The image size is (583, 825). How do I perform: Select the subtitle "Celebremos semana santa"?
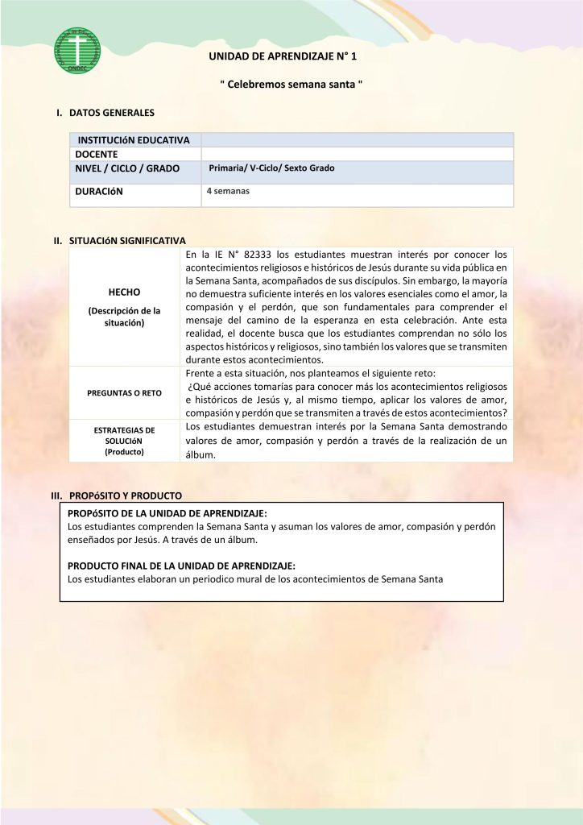point(291,85)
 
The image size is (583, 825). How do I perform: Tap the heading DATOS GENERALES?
point(112,113)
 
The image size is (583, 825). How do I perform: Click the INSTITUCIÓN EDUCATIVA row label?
point(134,140)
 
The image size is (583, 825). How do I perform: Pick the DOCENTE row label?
point(97,154)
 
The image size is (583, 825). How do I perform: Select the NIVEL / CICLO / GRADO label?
point(127,168)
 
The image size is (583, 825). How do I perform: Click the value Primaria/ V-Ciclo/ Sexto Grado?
point(271,168)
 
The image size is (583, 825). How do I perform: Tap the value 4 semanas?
point(228,192)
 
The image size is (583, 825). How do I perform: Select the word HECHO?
point(124,292)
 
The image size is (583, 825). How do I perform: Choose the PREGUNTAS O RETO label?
point(124,393)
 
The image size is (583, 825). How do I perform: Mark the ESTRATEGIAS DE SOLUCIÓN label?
point(124,441)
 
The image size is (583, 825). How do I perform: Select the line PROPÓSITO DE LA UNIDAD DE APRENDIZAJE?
point(167,512)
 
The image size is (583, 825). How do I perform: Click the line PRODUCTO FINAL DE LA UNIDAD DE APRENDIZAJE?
point(181,566)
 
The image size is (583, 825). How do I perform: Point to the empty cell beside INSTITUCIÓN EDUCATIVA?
point(357,140)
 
